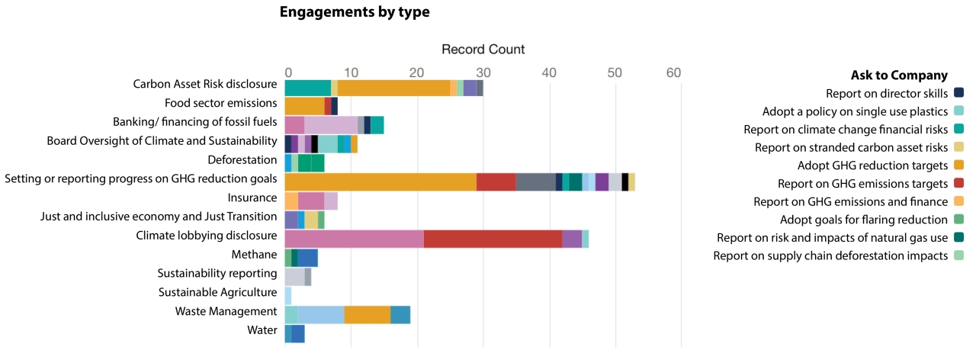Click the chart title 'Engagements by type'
click(355, 12)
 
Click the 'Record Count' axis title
click(483, 50)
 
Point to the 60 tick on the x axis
click(673, 72)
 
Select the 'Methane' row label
click(254, 254)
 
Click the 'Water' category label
click(262, 330)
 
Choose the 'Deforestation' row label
click(242, 160)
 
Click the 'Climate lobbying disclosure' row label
click(206, 236)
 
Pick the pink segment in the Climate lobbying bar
click(354, 239)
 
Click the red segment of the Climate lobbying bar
click(493, 239)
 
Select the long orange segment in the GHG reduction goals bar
click(380, 182)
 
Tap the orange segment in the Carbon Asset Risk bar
click(393, 88)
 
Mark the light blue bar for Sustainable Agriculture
click(288, 295)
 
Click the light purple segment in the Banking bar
click(331, 125)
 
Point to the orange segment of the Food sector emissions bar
click(304, 106)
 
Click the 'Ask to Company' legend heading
click(899, 76)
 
